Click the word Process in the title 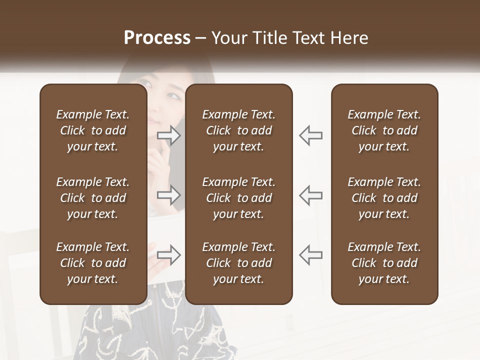pos(157,38)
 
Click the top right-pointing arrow pos(169,135)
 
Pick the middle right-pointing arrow pos(169,195)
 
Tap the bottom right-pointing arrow pos(169,254)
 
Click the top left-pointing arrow pos(310,135)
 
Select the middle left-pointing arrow pos(310,195)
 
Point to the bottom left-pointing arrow pos(310,254)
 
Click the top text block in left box pos(93,130)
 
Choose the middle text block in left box pos(93,198)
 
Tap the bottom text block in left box pos(93,263)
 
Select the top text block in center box pos(238,130)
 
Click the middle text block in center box pos(238,198)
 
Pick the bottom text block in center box pos(238,263)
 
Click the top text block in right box pos(384,130)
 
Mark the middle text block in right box pos(384,198)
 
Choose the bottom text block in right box pos(384,263)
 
